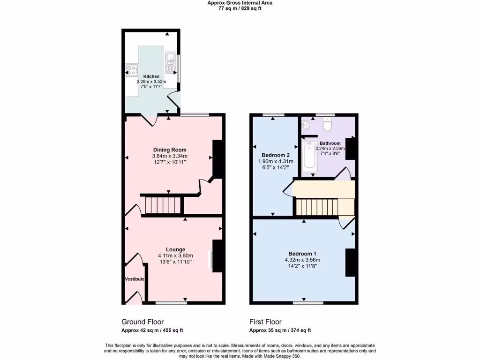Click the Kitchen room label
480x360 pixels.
click(x=151, y=76)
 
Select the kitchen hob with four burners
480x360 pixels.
click(x=130, y=71)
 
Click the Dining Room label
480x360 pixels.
click(x=170, y=150)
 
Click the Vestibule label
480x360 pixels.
click(x=135, y=279)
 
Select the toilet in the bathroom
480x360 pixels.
click(x=327, y=125)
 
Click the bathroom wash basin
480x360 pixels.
click(x=306, y=125)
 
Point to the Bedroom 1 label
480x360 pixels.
click(x=302, y=253)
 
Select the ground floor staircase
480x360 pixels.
click(x=162, y=205)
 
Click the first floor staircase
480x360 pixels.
click(x=317, y=206)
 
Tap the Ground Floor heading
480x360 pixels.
click(x=142, y=322)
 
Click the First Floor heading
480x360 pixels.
click(x=265, y=322)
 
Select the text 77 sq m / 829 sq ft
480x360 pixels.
click(x=240, y=8)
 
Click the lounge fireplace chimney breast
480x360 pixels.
click(x=217, y=255)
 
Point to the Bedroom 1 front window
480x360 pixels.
click(x=308, y=303)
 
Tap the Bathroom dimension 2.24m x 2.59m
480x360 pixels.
click(x=335, y=149)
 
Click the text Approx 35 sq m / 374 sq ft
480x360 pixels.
click(x=280, y=330)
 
